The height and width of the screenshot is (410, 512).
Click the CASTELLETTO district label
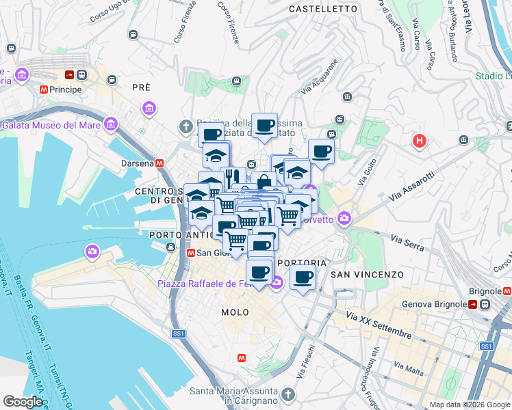[323, 9]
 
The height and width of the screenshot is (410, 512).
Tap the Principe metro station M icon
[43, 90]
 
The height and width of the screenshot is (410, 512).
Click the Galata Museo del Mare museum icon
[110, 124]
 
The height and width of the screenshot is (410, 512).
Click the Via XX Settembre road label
[379, 325]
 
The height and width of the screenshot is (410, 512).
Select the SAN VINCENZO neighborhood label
[367, 275]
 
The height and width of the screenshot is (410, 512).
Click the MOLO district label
[235, 312]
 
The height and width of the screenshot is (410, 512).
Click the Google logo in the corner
[23, 402]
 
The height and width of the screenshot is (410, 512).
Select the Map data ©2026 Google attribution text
[469, 405]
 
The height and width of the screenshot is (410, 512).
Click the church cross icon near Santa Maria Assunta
[287, 395]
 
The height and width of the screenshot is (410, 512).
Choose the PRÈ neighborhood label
[141, 87]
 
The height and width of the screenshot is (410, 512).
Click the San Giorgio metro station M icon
[190, 253]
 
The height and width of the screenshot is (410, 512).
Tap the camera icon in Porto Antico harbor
[92, 253]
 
